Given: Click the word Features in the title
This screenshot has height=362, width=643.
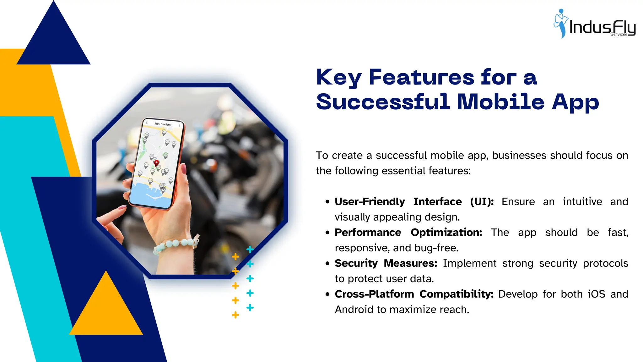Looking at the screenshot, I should pos(421,77).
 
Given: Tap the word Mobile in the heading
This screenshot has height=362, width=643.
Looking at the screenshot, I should pos(500,102).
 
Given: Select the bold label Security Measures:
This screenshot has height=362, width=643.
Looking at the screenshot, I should pos(386,263).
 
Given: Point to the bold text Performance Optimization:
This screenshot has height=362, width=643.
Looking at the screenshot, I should pos(408,233).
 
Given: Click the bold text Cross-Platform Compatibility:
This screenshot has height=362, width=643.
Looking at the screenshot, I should pos(414,294).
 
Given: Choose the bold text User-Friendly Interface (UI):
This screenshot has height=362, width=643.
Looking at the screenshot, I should pos(414,202).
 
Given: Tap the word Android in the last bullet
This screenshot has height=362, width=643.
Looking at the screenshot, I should pos(354,310).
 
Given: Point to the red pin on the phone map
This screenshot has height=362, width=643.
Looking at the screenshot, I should pos(156,163).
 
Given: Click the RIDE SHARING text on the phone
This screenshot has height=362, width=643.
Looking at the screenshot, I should pos(163,124).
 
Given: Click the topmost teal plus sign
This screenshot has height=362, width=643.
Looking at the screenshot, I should pos(250,250).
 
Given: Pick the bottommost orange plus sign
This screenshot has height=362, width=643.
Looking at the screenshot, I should pos(235,315).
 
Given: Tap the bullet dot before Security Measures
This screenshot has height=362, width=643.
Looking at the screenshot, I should pos(327,264).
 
